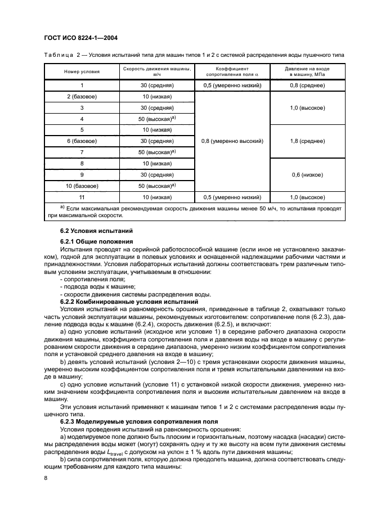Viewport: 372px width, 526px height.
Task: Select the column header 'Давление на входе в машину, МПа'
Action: point(306,71)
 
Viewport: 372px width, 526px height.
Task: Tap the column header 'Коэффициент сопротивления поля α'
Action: point(232,71)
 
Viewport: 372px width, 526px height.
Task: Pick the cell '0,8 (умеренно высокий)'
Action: point(232,141)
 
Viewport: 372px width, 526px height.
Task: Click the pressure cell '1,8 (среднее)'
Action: point(306,141)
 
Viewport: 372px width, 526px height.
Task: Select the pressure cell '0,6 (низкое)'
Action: point(306,175)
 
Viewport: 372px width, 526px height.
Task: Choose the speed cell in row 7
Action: point(156,152)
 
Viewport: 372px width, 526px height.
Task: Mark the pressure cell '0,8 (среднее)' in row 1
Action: point(306,86)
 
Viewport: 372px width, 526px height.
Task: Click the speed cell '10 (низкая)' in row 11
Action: point(156,197)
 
